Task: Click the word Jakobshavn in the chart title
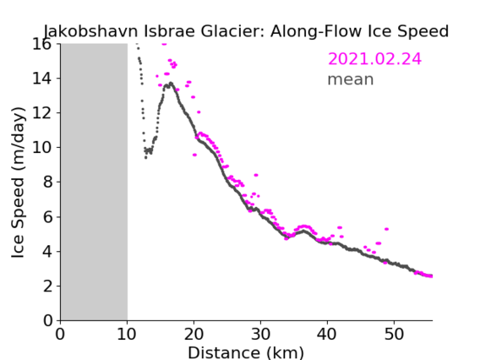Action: [90, 31]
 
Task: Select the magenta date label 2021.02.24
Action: [374, 59]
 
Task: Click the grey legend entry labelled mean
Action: [351, 79]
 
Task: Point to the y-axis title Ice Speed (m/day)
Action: [18, 183]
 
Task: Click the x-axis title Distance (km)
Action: [246, 352]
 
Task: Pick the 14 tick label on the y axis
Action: [41, 79]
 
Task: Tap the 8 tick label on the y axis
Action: [47, 183]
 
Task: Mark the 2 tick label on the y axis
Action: [47, 286]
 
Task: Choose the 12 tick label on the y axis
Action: [41, 113]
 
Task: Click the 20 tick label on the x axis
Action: [194, 334]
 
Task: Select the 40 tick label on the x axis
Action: [327, 334]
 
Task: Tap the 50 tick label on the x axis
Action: [394, 334]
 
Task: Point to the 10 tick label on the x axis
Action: [127, 334]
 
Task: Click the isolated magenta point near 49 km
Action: [387, 229]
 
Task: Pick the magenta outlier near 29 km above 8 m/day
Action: [256, 175]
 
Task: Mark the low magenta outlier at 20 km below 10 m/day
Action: [194, 155]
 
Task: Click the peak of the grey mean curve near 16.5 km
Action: [171, 83]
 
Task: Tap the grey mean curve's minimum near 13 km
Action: [145, 158]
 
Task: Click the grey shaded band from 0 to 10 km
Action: [94, 183]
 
